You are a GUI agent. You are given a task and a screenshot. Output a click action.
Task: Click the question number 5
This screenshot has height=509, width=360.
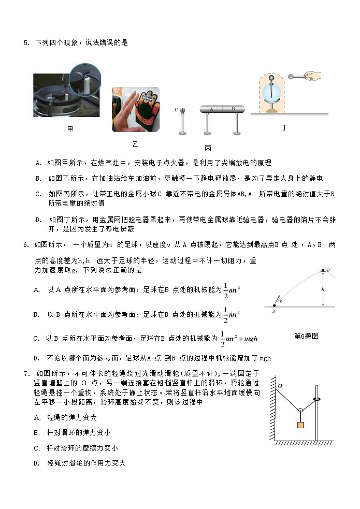click(26, 43)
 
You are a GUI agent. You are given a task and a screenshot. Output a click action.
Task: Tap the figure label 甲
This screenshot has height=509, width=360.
click(70, 129)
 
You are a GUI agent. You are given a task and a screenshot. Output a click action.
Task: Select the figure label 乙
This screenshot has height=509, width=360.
click(136, 143)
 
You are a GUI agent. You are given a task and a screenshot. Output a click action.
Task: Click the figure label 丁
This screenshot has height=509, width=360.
click(284, 127)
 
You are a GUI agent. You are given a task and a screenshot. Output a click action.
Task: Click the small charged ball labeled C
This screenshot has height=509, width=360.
click(182, 110)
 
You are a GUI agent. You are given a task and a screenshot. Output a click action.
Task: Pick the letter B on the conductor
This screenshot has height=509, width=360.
click(233, 109)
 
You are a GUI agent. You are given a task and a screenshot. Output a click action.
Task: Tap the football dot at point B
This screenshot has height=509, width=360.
click(323, 270)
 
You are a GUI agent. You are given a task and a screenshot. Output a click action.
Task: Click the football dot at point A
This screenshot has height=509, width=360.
click(273, 307)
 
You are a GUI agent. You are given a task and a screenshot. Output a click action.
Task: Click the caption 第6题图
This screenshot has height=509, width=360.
click(306, 336)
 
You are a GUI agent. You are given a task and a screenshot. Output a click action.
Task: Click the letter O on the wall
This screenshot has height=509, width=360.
click(280, 386)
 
